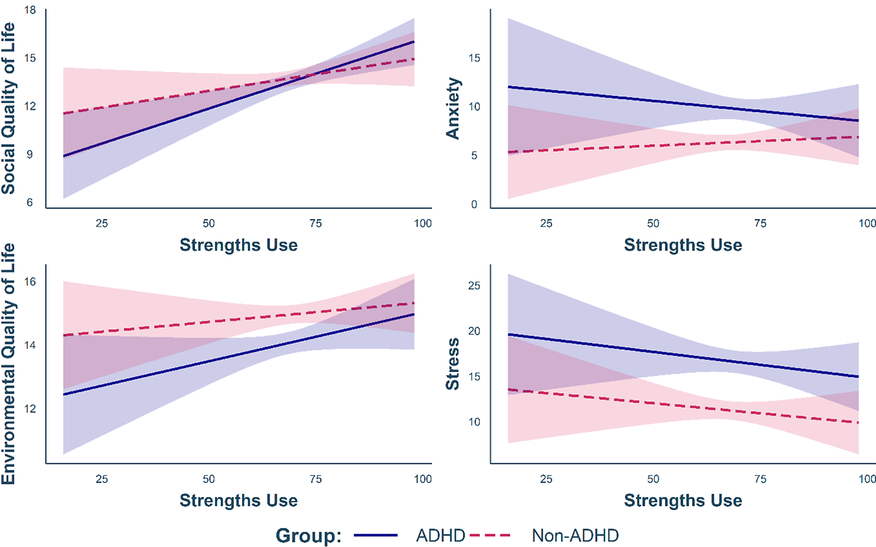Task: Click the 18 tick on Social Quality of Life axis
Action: click(30, 10)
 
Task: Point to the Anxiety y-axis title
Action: click(453, 108)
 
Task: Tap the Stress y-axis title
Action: click(453, 364)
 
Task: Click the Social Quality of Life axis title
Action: click(9, 108)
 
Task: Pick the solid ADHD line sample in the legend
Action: click(375, 535)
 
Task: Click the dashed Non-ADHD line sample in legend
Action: click(490, 535)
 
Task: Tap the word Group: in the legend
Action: click(308, 535)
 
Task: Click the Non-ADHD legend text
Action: click(575, 535)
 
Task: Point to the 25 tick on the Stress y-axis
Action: click(474, 285)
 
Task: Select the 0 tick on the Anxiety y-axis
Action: click(474, 204)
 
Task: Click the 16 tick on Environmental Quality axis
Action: click(30, 282)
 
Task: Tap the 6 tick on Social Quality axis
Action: click(30, 202)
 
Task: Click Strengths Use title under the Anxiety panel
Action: click(683, 245)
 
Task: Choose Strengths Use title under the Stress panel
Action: click(683, 500)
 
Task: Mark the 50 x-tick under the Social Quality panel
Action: click(208, 223)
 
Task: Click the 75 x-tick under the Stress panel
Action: click(760, 479)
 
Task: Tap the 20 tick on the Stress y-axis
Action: click(474, 331)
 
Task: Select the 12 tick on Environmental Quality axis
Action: click(30, 409)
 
